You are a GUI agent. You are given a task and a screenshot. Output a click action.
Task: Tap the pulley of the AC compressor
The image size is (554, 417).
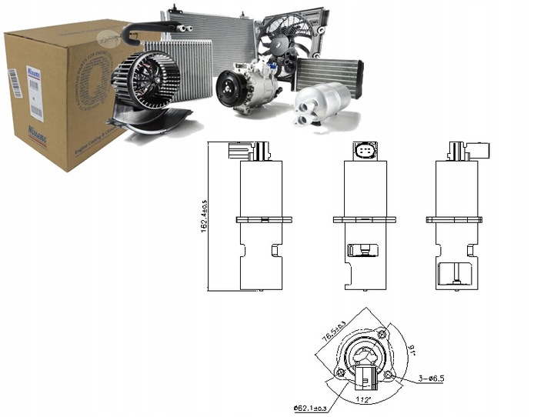pyautogui.click(x=228, y=91)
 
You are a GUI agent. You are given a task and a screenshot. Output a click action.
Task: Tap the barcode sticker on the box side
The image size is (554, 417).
pyautogui.click(x=13, y=83)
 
